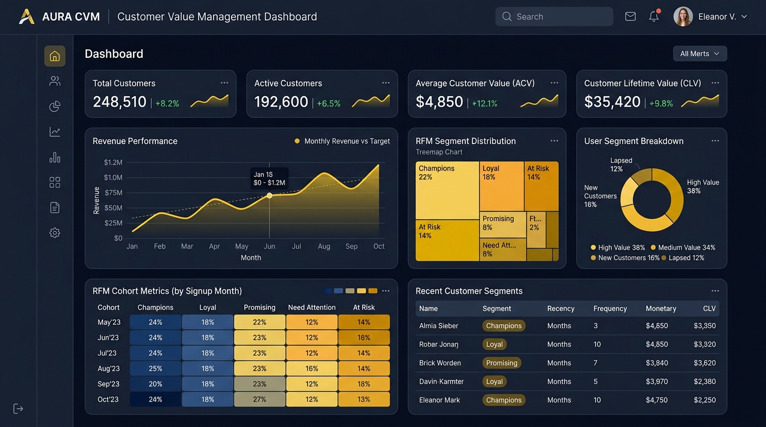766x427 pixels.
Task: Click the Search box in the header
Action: tap(554, 16)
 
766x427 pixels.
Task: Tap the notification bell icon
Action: tap(654, 16)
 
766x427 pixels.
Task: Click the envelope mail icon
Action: tap(630, 16)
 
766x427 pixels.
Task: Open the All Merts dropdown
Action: tap(700, 53)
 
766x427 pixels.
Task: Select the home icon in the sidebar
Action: tap(55, 56)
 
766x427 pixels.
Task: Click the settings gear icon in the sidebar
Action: tap(55, 233)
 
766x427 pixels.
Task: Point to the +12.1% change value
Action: tap(484, 103)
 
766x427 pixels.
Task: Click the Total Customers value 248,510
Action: tap(120, 102)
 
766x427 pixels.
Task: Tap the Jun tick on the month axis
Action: tap(269, 246)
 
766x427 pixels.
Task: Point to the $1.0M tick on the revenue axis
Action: tap(113, 177)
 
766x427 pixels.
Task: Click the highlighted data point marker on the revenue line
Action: tap(269, 195)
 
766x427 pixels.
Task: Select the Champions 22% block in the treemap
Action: tap(447, 190)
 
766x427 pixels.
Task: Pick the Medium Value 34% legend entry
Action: tap(683, 247)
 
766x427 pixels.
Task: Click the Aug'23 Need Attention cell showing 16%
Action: tap(312, 369)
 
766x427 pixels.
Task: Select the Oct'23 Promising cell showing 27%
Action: tap(259, 399)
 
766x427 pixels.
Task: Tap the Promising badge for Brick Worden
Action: tap(502, 363)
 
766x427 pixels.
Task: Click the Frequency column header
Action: tap(610, 309)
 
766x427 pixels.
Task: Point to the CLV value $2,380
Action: tap(704, 381)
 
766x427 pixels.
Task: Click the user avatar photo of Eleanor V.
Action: tap(683, 16)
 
